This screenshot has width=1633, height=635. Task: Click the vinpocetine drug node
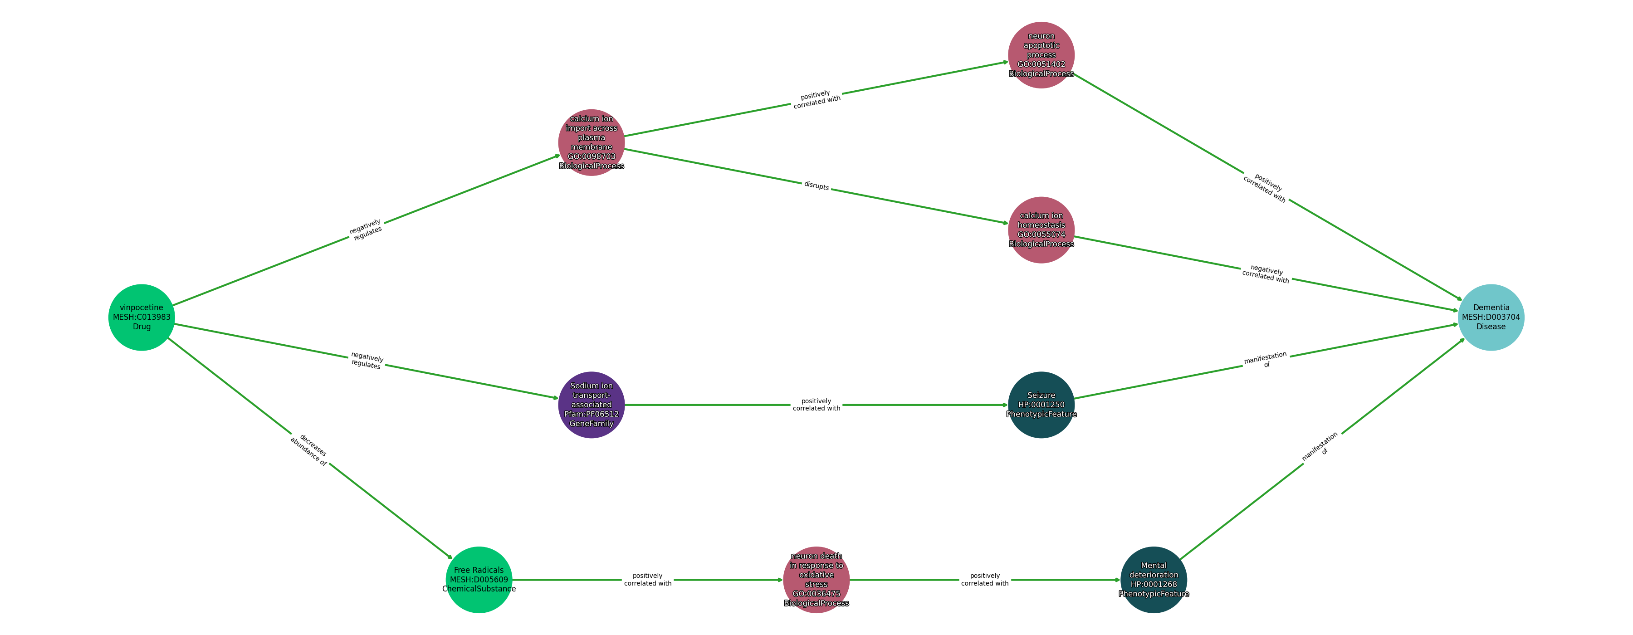coord(142,317)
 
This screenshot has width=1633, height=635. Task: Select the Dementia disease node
coord(1491,317)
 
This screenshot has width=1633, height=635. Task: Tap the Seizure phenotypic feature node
coord(1041,404)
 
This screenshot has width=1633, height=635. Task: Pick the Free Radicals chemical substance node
coord(479,579)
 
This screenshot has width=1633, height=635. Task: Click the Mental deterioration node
coord(1153,579)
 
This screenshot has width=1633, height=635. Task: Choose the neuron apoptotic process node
coord(1041,55)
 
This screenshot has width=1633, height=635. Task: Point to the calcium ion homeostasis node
coord(1041,230)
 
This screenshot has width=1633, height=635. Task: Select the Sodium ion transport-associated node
coord(592,404)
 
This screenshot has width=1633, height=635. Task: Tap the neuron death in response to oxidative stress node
coord(816,579)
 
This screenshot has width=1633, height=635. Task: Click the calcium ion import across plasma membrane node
coord(592,142)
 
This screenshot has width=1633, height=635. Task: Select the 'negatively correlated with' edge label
coord(1265,274)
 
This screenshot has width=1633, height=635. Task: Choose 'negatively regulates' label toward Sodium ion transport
coord(367,361)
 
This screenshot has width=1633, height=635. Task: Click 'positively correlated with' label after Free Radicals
coord(647,579)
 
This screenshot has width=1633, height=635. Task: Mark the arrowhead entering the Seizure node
coord(1004,404)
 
